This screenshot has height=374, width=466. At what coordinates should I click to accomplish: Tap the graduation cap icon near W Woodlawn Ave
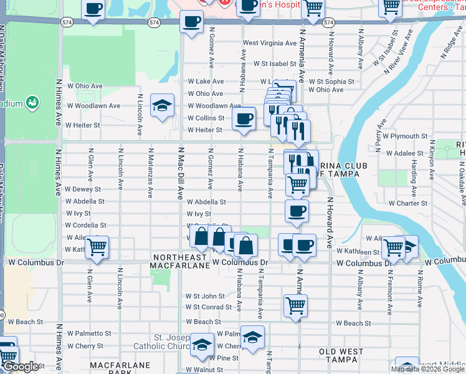(x=163, y=106)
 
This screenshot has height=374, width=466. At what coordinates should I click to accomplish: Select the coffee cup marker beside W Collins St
(x=244, y=118)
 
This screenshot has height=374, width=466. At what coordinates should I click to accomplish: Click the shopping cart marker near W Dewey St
(x=298, y=184)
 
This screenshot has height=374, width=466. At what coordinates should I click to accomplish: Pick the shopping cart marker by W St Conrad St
(x=295, y=305)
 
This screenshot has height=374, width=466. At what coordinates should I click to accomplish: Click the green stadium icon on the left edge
(x=32, y=102)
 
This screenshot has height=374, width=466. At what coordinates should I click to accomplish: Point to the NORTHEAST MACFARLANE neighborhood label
(x=179, y=262)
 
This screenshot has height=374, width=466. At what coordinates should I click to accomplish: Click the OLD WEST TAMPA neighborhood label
(x=341, y=352)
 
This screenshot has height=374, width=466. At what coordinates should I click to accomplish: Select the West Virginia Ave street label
(x=270, y=43)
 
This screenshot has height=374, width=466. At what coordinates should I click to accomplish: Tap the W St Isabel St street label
(x=274, y=64)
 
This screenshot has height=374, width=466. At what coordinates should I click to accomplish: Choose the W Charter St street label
(x=408, y=203)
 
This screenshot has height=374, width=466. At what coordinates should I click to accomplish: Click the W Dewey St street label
(x=83, y=189)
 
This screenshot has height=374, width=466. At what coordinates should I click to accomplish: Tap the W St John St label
(x=205, y=296)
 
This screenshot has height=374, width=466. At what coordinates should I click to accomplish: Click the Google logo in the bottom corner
(x=21, y=367)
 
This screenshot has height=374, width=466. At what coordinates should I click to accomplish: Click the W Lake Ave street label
(x=206, y=82)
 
